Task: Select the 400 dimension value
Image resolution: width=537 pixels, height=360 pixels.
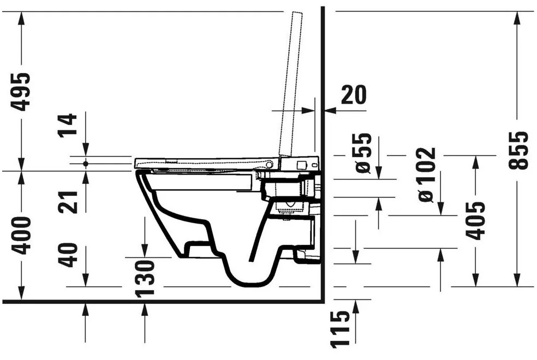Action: click(21, 236)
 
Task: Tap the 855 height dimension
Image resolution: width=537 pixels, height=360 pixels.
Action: click(518, 150)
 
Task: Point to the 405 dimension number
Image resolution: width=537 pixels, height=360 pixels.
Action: click(475, 221)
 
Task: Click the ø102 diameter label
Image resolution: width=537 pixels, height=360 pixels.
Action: click(427, 175)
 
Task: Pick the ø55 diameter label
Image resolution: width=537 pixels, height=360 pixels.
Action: click(363, 153)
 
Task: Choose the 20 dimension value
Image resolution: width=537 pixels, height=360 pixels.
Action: click(354, 95)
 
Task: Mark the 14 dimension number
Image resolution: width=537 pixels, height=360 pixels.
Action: click(68, 125)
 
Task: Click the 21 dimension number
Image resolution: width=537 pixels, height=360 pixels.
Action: click(68, 202)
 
